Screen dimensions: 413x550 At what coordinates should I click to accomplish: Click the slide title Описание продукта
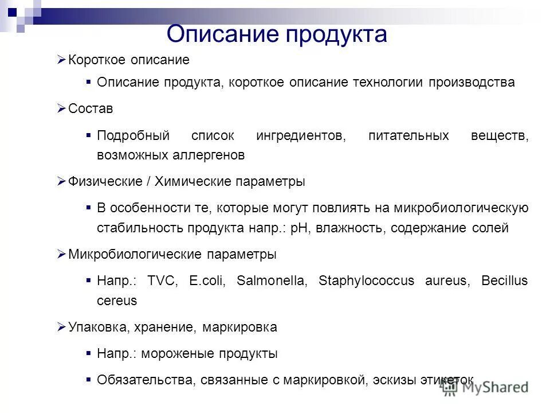(277, 34)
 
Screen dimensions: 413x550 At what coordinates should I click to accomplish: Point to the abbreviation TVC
(163, 281)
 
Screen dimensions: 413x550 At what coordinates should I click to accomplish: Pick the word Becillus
(504, 281)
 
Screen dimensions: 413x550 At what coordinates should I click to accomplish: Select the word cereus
(117, 300)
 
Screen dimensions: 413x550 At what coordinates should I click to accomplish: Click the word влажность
(350, 228)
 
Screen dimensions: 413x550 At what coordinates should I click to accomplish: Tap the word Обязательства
(146, 380)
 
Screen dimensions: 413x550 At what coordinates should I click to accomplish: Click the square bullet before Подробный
(88, 135)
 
